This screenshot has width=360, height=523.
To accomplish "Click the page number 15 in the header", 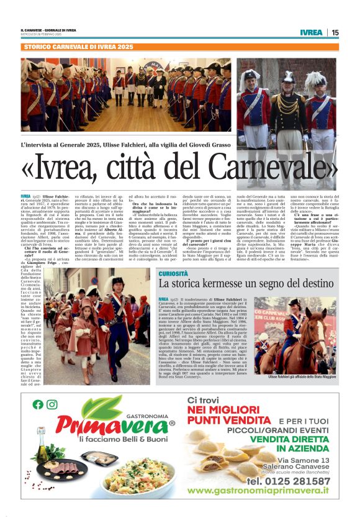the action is tap(335, 32).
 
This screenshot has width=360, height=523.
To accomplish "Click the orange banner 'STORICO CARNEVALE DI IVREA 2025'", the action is tap(78, 47).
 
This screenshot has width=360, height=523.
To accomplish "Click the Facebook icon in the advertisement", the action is tap(38, 404).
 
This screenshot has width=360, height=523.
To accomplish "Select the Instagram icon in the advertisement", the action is tap(52, 404).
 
